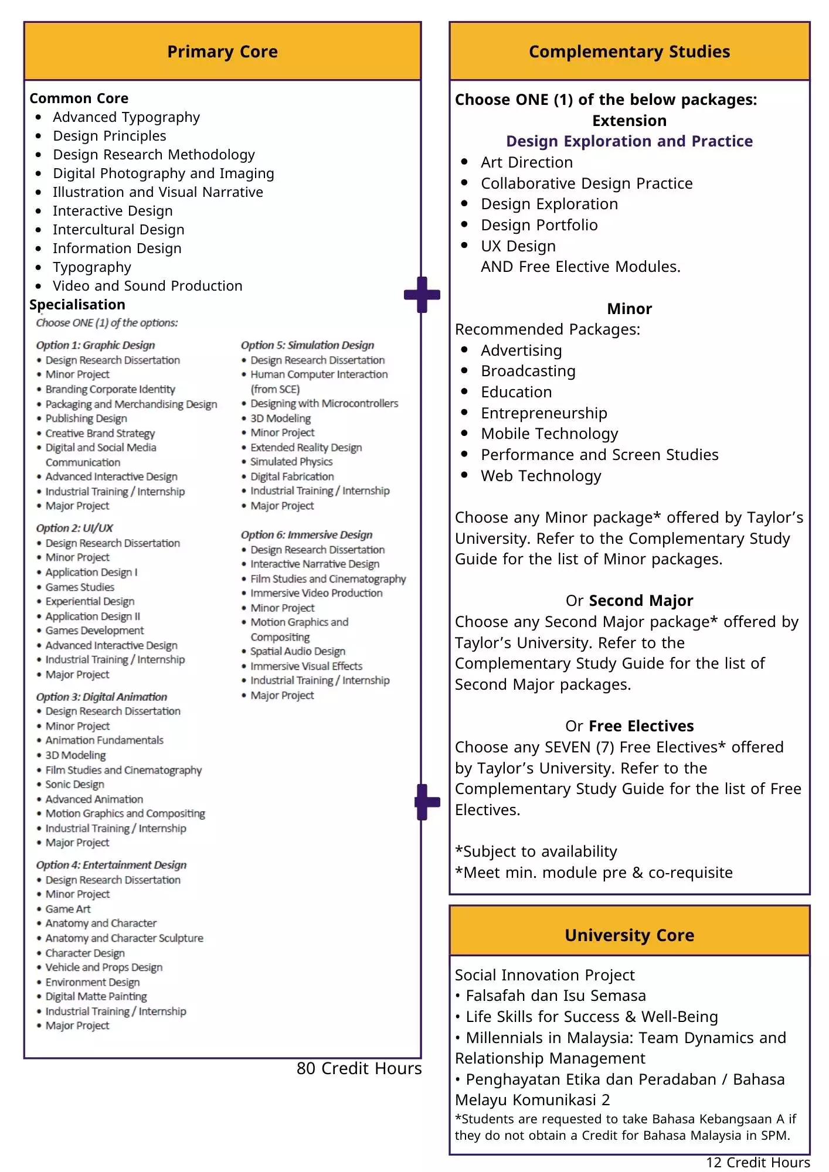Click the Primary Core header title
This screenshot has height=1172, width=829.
click(222, 52)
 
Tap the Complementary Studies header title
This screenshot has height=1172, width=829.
click(629, 52)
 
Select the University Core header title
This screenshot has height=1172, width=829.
click(629, 935)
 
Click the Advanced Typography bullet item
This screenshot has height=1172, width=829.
click(126, 117)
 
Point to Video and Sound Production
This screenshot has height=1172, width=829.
click(147, 286)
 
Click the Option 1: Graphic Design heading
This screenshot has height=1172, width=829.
click(96, 345)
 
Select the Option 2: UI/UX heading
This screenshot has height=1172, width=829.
click(74, 528)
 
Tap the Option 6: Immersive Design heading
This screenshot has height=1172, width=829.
click(307, 534)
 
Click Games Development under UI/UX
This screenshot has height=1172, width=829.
click(94, 631)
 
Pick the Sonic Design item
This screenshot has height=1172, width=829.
click(74, 784)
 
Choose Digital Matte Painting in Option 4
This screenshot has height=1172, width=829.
click(96, 996)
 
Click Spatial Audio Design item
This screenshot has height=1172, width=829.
click(298, 651)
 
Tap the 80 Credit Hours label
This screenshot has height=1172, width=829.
click(359, 1068)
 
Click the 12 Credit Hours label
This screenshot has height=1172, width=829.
click(757, 1163)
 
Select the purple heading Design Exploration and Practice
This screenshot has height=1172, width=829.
click(629, 141)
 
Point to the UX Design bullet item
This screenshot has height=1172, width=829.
click(518, 246)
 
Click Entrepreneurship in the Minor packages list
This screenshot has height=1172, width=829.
click(544, 413)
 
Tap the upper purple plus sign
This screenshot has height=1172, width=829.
click(422, 294)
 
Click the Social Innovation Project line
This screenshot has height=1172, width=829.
click(545, 975)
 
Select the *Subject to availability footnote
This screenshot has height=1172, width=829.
click(536, 851)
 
